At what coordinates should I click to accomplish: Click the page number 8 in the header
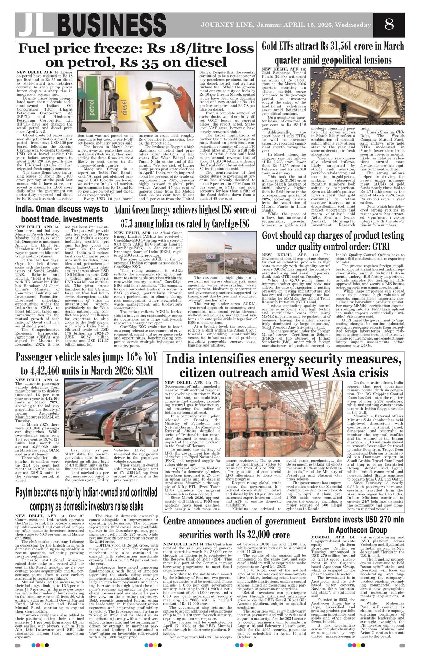389,25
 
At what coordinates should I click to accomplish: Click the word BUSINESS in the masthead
108,26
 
